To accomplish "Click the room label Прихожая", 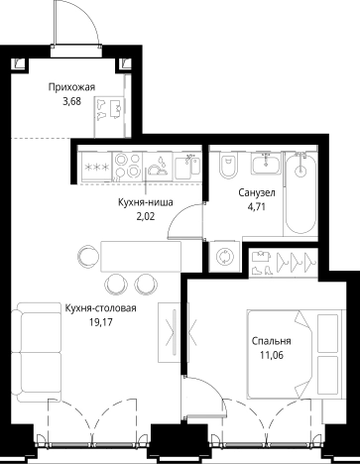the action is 71,87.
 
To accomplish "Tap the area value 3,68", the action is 71,102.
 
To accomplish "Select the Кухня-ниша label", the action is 146,202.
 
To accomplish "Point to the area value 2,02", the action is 146,217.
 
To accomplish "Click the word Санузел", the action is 257,192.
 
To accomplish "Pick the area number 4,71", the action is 257,207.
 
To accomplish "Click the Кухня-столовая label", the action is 100,308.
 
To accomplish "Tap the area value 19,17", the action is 101,322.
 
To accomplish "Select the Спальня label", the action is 272,341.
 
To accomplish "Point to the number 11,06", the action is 272,356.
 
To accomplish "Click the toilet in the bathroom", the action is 228,165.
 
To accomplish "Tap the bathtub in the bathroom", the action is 300,193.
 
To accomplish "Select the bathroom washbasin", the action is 266,164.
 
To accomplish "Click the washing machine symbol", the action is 225,257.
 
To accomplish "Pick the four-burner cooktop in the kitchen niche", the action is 128,166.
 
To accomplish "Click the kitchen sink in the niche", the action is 187,168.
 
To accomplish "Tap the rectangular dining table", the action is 141,257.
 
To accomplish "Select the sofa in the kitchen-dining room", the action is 37,352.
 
